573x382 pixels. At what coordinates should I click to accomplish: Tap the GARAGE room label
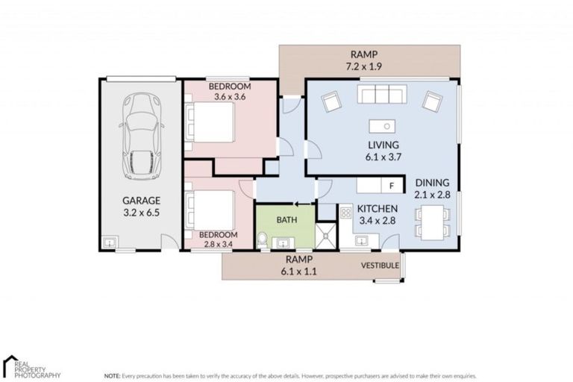tap(142, 201)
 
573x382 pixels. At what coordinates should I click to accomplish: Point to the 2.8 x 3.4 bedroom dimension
tap(217, 244)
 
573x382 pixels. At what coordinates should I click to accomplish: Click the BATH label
tap(286, 220)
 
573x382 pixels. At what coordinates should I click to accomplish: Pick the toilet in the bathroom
tap(262, 239)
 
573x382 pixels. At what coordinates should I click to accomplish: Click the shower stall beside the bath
tap(326, 236)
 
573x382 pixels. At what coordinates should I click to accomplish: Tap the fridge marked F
tap(390, 186)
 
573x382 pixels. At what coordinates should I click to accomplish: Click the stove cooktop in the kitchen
tap(346, 213)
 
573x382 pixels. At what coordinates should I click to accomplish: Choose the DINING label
tap(433, 182)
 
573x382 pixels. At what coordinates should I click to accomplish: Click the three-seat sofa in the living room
tap(381, 94)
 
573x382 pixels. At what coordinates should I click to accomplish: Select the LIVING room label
tap(383, 145)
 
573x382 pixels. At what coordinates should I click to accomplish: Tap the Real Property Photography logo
tap(30, 367)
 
